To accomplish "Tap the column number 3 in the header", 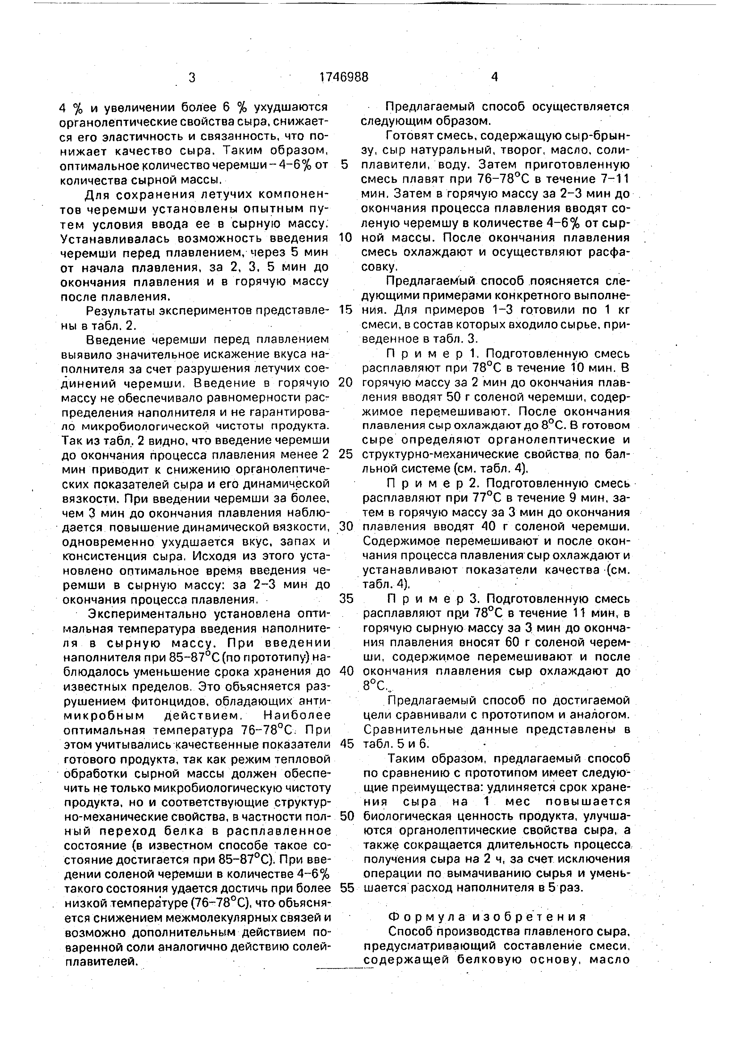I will (x=192, y=78).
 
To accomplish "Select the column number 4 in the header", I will (x=495, y=77).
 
